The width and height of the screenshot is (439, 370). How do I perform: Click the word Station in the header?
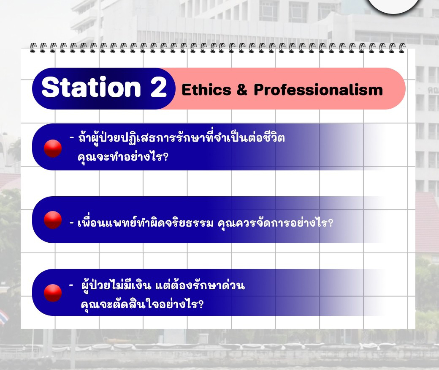tap(91, 87)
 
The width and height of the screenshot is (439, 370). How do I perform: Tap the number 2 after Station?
tap(158, 87)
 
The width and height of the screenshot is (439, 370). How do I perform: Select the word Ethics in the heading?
tap(206, 90)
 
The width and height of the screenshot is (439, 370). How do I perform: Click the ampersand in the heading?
tap(242, 90)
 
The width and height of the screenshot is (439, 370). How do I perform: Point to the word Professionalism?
tap(318, 90)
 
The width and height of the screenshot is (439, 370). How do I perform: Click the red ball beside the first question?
tap(53, 148)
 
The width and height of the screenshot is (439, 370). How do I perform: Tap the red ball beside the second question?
tap(53, 220)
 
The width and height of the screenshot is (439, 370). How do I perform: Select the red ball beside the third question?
tap(53, 293)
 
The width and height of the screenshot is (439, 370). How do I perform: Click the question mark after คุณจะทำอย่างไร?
tap(165, 156)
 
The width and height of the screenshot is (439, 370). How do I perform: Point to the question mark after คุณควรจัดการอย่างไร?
tap(330, 223)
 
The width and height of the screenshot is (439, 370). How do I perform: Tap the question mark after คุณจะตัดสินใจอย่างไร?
tap(201, 304)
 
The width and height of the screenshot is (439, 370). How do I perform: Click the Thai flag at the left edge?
tap(4, 317)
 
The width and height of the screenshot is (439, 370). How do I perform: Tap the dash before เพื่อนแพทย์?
tap(72, 223)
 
